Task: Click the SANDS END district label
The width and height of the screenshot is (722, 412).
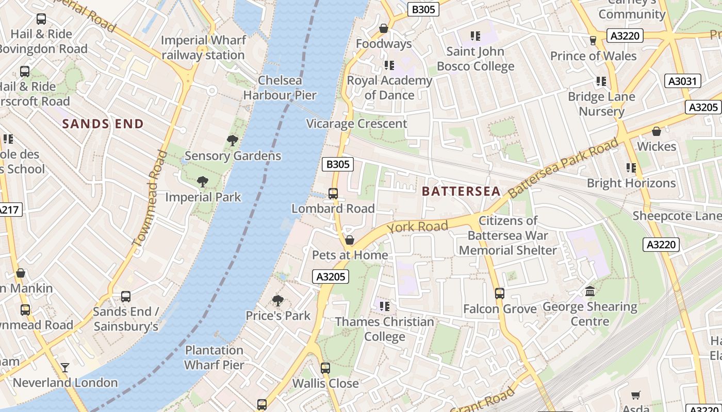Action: [103, 124]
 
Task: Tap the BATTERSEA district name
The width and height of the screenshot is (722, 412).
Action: [461, 192]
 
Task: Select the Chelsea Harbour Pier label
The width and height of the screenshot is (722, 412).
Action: [280, 88]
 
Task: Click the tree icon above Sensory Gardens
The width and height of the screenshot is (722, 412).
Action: [233, 140]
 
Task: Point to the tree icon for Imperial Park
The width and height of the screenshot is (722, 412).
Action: [203, 181]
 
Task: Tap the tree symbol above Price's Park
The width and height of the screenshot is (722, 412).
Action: [278, 300]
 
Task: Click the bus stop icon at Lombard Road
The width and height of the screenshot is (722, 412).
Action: [333, 194]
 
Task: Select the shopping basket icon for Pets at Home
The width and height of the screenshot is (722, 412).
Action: [350, 241]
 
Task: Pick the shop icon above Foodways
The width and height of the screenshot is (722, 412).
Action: [383, 29]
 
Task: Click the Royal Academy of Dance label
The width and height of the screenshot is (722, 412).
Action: [389, 88]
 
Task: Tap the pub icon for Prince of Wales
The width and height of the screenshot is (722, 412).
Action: [593, 40]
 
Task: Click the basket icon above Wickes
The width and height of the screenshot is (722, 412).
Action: [657, 132]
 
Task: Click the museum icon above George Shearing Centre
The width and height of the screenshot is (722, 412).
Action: [590, 291]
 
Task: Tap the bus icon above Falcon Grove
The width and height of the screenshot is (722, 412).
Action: [499, 294]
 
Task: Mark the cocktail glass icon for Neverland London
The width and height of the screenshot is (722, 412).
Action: [65, 367]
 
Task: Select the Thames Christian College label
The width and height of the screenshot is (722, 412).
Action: [385, 329]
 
